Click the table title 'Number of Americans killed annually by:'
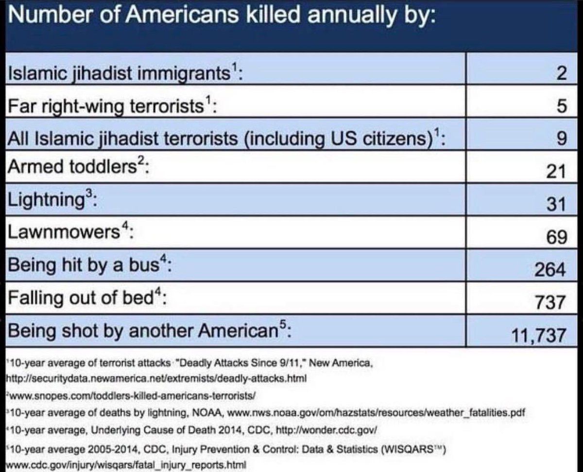coord(221,18)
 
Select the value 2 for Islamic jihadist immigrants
coord(560,75)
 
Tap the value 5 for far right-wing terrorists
coord(560,107)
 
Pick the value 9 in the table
coord(560,139)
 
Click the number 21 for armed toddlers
coord(556,171)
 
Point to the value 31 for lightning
coord(556,204)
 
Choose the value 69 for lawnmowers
coord(556,237)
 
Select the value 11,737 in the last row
coord(538,335)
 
